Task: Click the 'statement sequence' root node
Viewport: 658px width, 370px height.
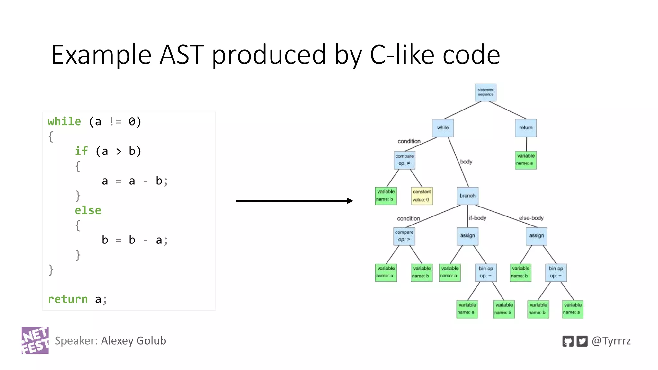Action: (485, 92)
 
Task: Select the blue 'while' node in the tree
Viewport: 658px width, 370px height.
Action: (442, 128)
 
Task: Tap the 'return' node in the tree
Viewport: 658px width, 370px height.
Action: (525, 128)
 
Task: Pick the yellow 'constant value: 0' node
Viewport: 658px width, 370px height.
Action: (422, 196)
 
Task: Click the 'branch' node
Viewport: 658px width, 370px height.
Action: (467, 196)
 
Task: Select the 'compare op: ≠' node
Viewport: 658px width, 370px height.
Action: (405, 160)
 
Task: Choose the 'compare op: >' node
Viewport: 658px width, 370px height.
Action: (404, 236)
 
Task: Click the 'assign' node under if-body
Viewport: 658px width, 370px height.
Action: (467, 236)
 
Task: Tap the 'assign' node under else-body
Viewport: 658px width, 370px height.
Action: (536, 236)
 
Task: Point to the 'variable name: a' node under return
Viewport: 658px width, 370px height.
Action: (525, 160)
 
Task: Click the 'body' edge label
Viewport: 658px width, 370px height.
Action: (466, 162)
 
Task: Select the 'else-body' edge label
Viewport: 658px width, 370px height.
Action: (531, 218)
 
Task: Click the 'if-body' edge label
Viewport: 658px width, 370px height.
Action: (477, 218)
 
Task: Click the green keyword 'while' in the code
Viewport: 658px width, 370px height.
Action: (64, 122)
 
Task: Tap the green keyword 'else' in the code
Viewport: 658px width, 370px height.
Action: (88, 210)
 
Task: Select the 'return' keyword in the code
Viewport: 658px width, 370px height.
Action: (67, 299)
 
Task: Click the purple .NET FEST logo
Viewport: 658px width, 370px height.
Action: (35, 340)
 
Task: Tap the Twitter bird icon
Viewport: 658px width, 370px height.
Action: (582, 341)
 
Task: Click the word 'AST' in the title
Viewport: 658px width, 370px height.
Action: (182, 55)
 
